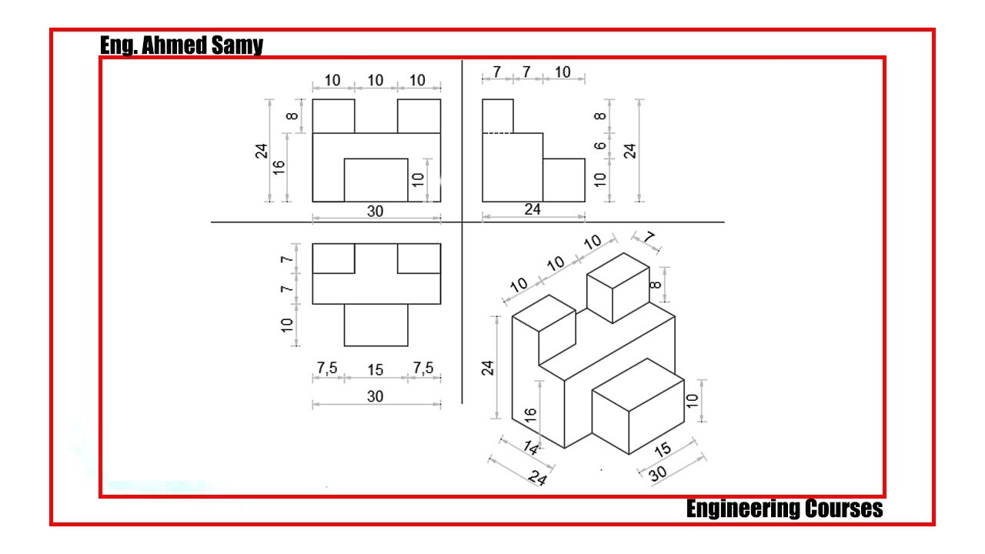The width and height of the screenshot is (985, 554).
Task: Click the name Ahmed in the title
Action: coord(174,45)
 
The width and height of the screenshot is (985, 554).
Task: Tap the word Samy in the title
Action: coord(237,45)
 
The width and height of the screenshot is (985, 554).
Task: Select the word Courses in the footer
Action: coord(844,509)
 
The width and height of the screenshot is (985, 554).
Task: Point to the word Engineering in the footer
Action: coord(743,509)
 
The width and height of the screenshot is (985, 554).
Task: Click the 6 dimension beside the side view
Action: coord(600,145)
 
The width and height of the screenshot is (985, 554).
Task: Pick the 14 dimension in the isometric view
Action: coord(531,448)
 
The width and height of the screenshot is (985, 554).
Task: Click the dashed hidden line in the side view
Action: coord(498,133)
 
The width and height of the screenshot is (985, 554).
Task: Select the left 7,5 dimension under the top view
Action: coord(327,368)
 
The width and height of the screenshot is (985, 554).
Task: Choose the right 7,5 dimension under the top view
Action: coord(423,368)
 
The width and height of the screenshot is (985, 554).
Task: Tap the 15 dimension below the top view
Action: coord(375,370)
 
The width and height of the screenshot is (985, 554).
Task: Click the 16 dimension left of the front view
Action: coord(279,168)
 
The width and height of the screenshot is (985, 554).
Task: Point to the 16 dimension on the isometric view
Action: coord(530,415)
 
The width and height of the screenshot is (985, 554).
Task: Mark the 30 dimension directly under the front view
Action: coord(375,212)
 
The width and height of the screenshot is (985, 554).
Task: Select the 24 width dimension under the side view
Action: coord(533,209)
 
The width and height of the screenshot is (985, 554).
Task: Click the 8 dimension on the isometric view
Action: coord(655,285)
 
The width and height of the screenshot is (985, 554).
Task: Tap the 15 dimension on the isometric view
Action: coord(663,449)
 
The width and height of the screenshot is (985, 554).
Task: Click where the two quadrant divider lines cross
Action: coord(462,222)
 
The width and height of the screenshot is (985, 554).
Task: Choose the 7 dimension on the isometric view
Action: coord(649,238)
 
